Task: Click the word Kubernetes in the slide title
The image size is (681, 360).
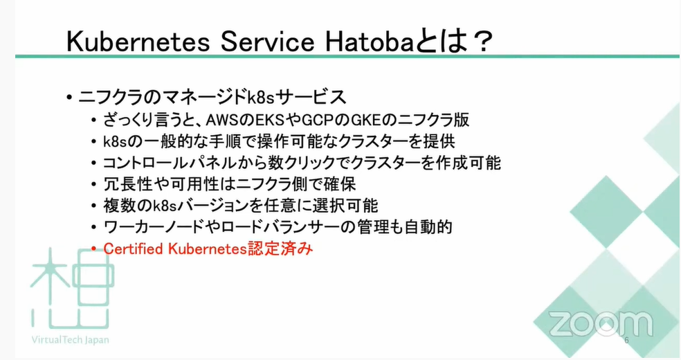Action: point(138,42)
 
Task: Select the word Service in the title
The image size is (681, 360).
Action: point(267,42)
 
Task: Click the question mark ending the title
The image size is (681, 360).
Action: point(480,42)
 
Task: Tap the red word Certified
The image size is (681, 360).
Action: point(134,249)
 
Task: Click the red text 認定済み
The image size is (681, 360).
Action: point(280,249)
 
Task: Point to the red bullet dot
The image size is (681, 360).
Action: point(94,249)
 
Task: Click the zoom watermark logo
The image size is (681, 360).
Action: point(601,324)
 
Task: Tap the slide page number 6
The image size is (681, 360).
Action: point(626,341)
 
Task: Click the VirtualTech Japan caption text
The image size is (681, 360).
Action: point(71,340)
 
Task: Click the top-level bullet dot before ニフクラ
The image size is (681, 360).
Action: point(69,98)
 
